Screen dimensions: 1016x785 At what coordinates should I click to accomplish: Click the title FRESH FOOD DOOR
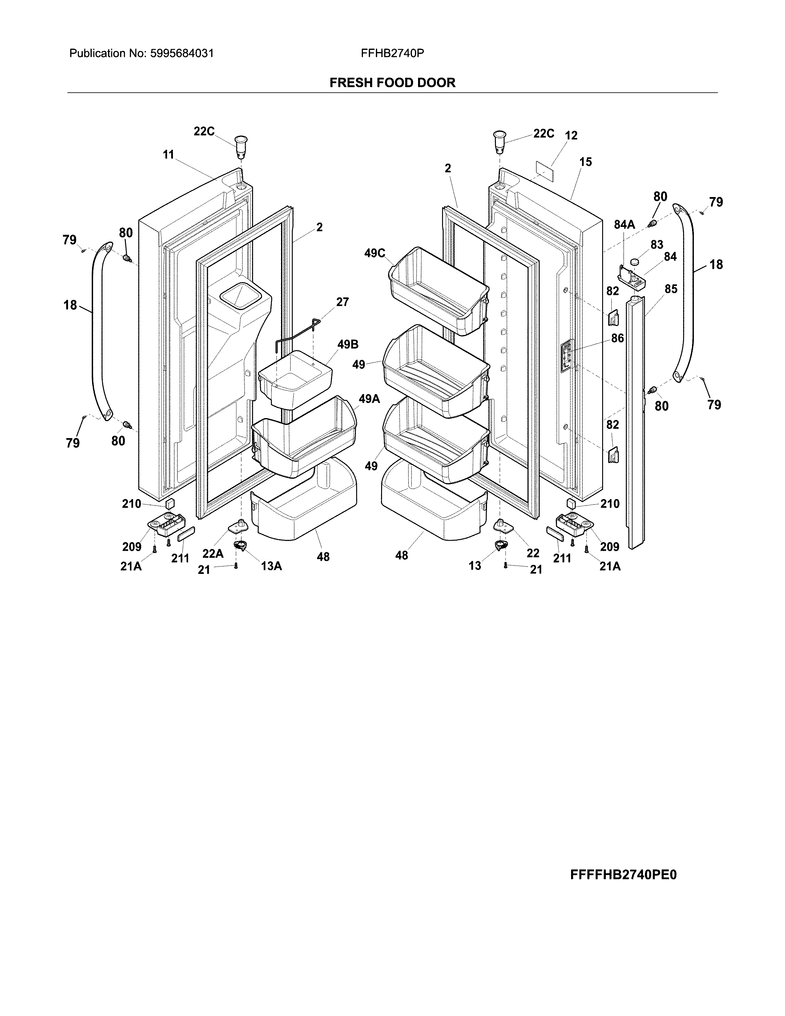pos(392,83)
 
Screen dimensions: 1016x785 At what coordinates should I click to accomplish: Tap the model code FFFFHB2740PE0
pos(623,875)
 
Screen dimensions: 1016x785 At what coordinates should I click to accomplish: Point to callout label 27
pos(342,302)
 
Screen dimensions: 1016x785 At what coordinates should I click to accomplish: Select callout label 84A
pos(624,225)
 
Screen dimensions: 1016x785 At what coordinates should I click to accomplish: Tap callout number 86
pos(617,338)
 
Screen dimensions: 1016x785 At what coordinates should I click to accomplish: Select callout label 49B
pos(348,345)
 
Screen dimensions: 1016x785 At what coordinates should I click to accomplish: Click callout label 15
pos(586,162)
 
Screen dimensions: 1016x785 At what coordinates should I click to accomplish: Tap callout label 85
pos(670,289)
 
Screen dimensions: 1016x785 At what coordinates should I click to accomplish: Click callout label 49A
pos(369,399)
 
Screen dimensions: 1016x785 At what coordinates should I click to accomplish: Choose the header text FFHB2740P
pos(392,54)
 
